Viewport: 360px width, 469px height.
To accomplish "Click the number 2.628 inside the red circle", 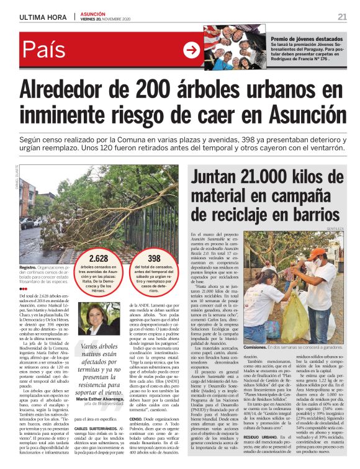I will [98, 258].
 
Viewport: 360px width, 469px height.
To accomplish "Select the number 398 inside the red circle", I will [154, 258].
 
